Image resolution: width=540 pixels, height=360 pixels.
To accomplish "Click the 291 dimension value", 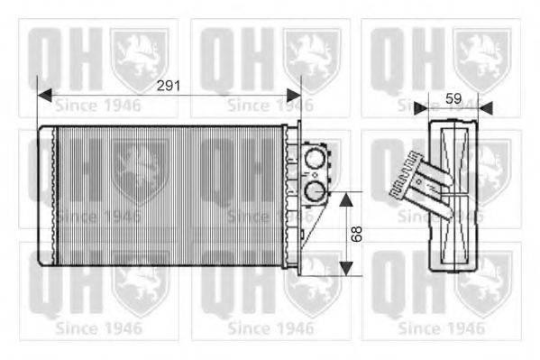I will pyautogui.click(x=169, y=87).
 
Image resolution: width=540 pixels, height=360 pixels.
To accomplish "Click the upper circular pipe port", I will pyautogui.click(x=314, y=162).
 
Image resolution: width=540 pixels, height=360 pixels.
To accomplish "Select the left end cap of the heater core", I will pyautogui.click(x=45, y=193).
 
